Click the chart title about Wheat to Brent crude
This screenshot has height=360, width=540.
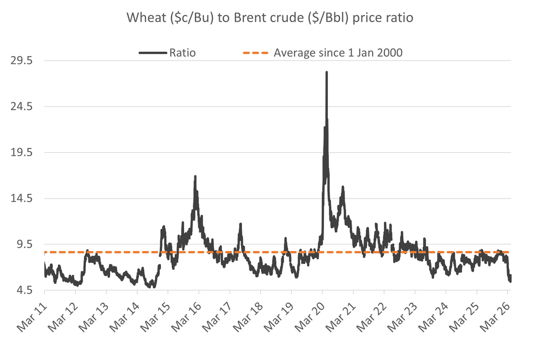tap(269, 17)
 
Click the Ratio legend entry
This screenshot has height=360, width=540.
tap(182, 52)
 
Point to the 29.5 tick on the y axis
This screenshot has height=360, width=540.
tap(22, 60)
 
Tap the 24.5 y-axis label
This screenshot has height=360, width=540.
tap(22, 106)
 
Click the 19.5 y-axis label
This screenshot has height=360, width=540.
tap(22, 152)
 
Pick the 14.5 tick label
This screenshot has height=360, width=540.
tap(22, 198)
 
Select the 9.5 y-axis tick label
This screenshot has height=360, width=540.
tap(25, 244)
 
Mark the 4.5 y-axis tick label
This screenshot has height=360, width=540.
tap(25, 290)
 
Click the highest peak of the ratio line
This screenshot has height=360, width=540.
tap(327, 72)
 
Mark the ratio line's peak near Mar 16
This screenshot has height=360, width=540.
tap(195, 176)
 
